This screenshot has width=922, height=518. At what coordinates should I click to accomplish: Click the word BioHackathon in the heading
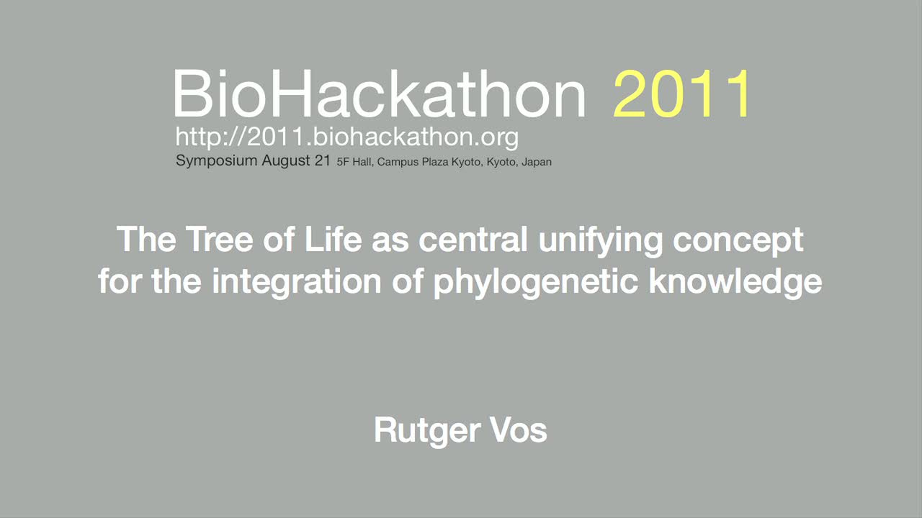click(x=379, y=94)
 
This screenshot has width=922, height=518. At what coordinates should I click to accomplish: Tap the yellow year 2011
click(x=681, y=94)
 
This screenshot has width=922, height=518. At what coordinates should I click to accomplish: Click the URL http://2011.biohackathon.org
click(x=347, y=137)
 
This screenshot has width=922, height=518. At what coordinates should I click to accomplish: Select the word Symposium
click(x=217, y=160)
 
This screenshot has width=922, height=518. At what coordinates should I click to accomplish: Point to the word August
click(x=286, y=160)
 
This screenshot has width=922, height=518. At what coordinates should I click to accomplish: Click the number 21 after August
click(x=322, y=160)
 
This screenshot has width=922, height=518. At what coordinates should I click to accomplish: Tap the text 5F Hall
click(x=354, y=162)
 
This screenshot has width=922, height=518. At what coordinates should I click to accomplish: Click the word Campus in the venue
click(x=397, y=163)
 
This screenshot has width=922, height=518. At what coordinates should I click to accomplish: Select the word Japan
click(x=537, y=163)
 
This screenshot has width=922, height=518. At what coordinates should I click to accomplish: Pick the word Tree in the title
click(x=220, y=239)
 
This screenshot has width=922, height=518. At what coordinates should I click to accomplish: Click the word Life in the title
click(x=333, y=239)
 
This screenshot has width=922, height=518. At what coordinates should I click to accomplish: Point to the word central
click(x=473, y=239)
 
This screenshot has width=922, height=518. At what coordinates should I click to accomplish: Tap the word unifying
click(x=601, y=241)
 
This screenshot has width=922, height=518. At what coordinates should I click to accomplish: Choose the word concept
click(x=738, y=241)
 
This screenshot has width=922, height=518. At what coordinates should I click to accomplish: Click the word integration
click(x=296, y=283)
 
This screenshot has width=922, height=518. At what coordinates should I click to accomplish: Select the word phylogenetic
click(x=536, y=283)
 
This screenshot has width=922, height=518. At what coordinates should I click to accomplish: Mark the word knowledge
click(x=735, y=283)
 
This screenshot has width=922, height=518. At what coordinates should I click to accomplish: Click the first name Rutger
click(x=427, y=431)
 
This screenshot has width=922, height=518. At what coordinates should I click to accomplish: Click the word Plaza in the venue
click(x=435, y=162)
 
